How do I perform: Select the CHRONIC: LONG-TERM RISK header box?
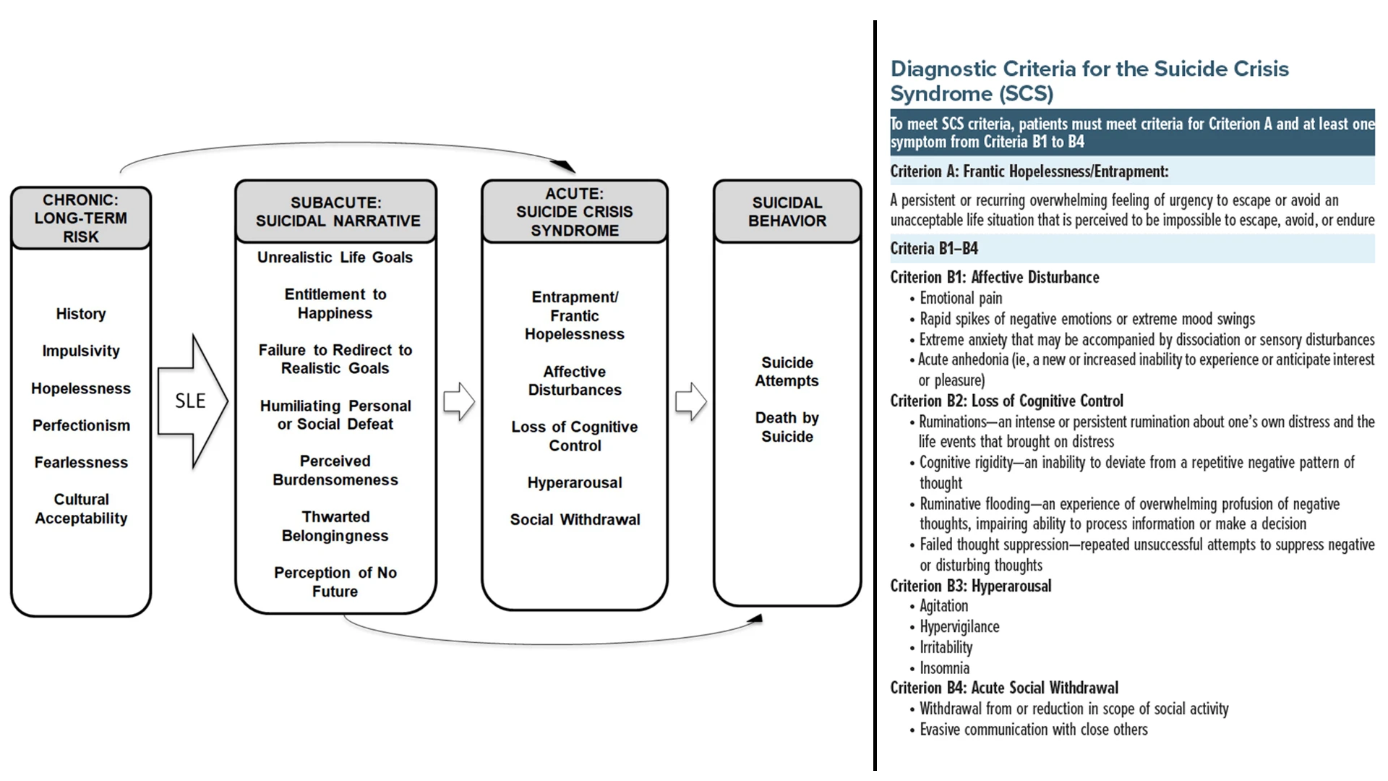(x=81, y=218)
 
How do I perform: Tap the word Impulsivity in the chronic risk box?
(x=81, y=351)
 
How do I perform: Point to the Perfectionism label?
(x=81, y=425)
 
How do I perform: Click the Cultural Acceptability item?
(x=81, y=508)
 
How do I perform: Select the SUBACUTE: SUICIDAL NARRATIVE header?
(x=336, y=211)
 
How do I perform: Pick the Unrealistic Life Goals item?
(x=335, y=257)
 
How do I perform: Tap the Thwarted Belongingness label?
(x=335, y=526)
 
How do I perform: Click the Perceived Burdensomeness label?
(x=335, y=470)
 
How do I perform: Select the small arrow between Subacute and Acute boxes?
(x=459, y=401)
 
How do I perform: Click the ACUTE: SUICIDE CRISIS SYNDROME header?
(x=574, y=212)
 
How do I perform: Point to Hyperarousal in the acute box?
(x=574, y=482)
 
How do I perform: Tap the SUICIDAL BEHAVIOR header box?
(x=787, y=211)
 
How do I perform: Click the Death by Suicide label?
(x=787, y=427)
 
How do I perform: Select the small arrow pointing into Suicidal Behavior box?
(x=691, y=401)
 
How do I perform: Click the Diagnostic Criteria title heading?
(x=1089, y=80)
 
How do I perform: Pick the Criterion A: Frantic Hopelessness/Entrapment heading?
(x=1029, y=171)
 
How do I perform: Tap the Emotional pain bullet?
(x=960, y=298)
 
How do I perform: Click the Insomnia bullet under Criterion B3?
(x=944, y=668)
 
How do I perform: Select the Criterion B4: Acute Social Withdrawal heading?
(x=1004, y=688)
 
